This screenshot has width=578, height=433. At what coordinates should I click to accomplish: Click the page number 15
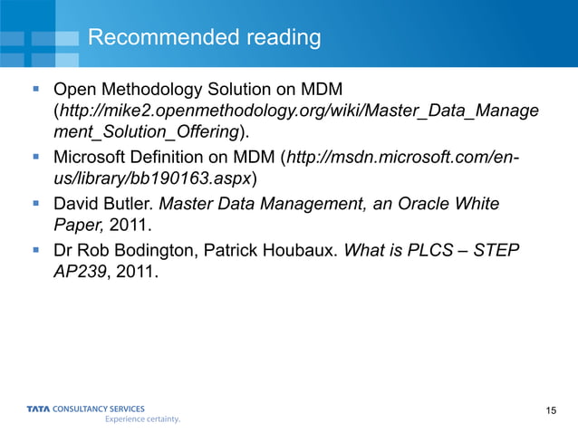pyautogui.click(x=552, y=413)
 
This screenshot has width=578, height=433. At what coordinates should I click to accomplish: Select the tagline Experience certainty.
pyautogui.click(x=143, y=419)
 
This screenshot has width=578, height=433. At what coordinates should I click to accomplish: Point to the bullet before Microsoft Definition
pyautogui.click(x=35, y=158)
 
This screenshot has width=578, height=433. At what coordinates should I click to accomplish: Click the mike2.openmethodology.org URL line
pyautogui.click(x=299, y=112)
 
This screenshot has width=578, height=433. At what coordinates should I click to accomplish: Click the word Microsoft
pyautogui.click(x=91, y=158)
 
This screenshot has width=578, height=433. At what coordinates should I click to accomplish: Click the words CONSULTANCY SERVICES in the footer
pyautogui.click(x=99, y=409)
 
